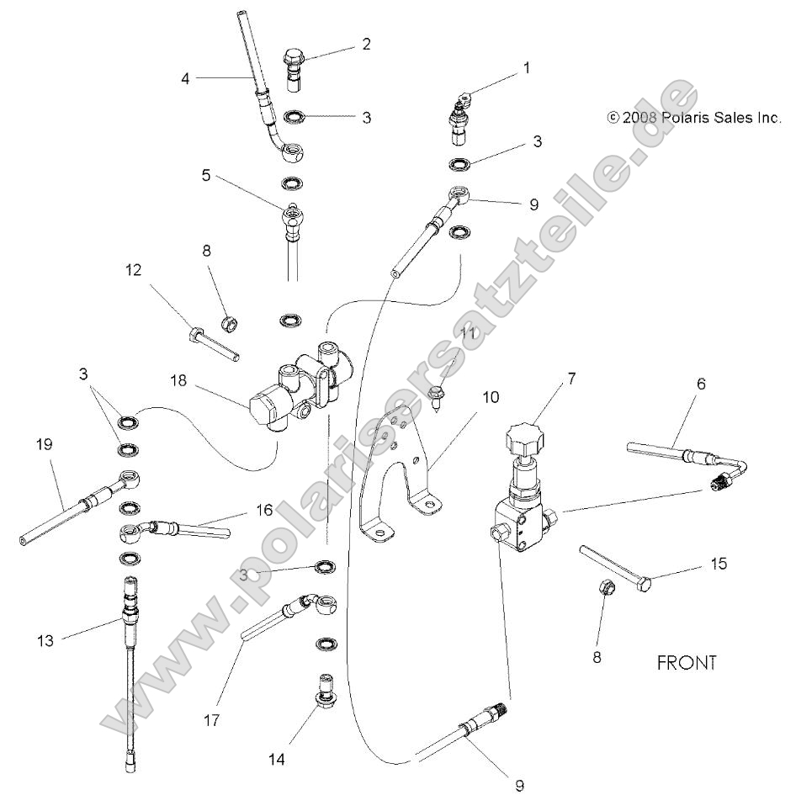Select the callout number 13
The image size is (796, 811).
point(45,641)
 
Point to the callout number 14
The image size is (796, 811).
point(278,760)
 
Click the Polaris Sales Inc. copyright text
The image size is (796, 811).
point(694,119)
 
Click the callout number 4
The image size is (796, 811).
point(186,79)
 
